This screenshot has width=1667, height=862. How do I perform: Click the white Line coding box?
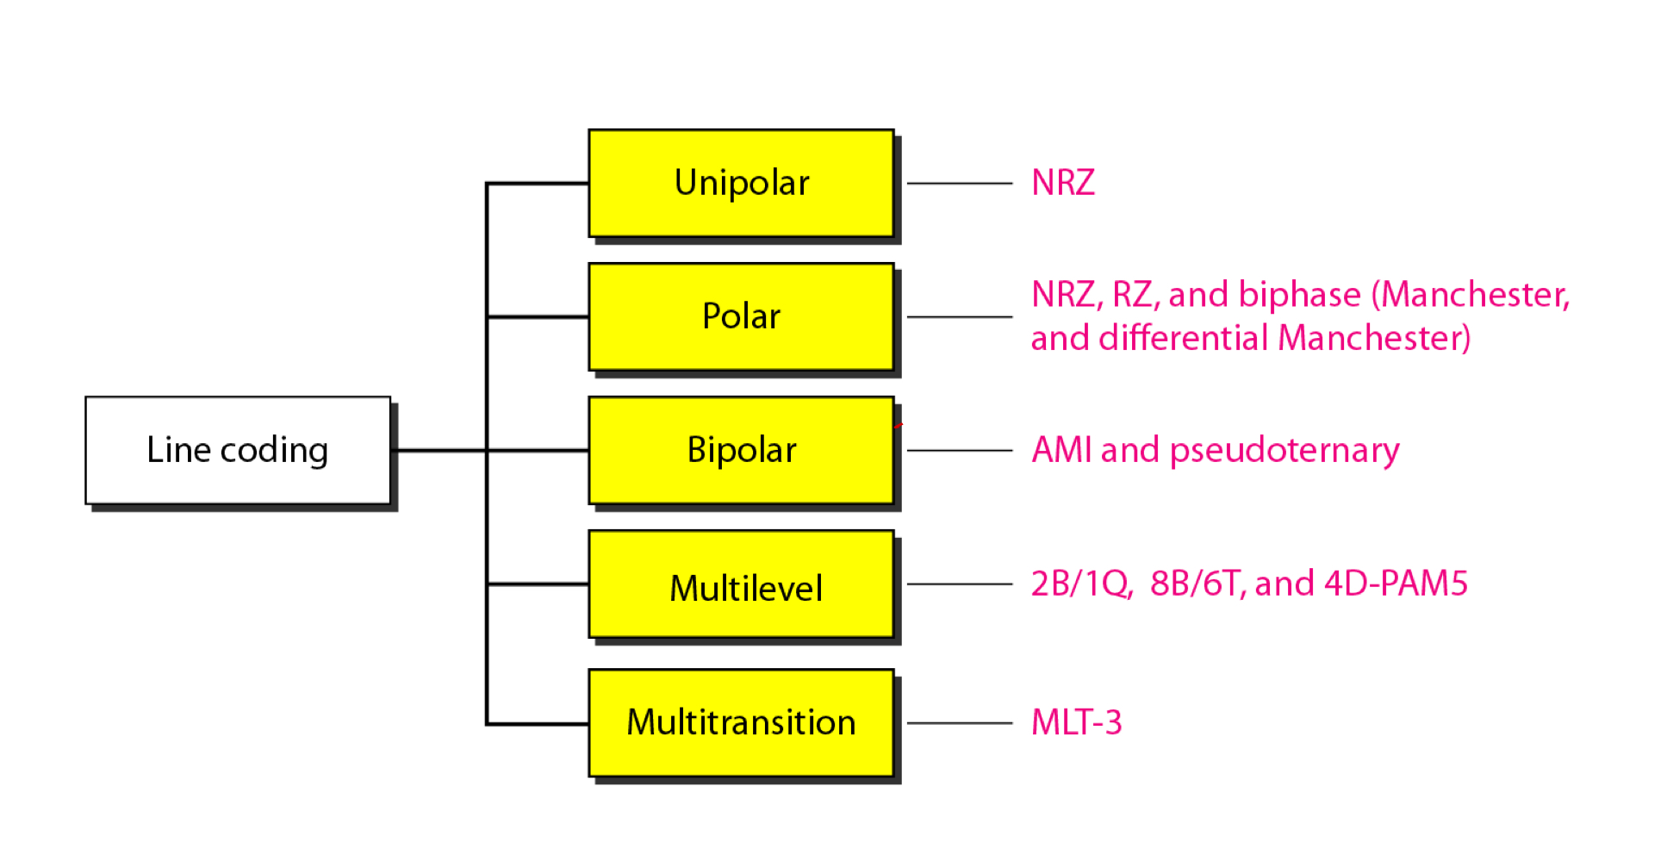(237, 450)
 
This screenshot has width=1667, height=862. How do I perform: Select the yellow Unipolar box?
(741, 183)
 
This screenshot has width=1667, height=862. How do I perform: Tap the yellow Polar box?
(741, 316)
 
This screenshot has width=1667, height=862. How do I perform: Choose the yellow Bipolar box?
(741, 450)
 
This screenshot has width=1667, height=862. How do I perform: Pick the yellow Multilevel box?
(741, 584)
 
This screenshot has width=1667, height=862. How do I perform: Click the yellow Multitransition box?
(741, 722)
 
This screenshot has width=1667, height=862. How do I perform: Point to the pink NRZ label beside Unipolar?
(1063, 183)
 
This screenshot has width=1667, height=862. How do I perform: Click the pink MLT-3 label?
(1076, 722)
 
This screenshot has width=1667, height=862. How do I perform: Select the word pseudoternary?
(1284, 451)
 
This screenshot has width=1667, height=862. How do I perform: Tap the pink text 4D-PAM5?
(1396, 584)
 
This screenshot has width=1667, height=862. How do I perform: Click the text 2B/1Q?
(1081, 584)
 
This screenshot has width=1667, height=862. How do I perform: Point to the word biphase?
(1299, 296)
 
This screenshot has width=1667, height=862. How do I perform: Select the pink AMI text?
(1061, 450)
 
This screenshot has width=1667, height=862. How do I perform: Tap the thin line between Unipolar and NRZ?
(959, 183)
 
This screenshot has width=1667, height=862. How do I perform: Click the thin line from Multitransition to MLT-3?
(959, 723)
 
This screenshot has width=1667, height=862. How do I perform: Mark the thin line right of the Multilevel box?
(959, 584)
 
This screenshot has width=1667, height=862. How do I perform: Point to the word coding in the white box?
(274, 451)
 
